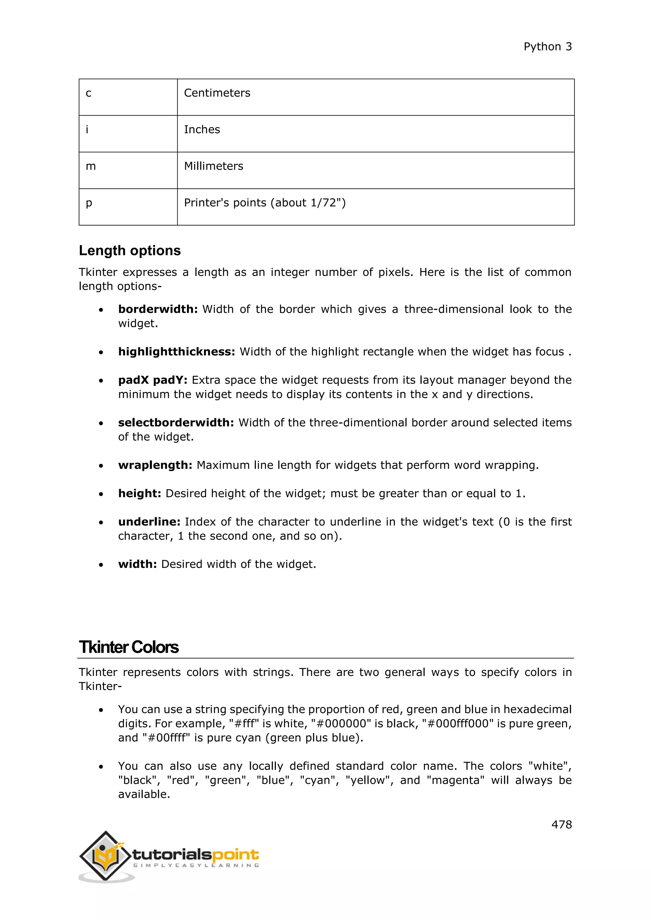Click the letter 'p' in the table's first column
pyautogui.click(x=89, y=203)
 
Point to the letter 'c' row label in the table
pyautogui.click(x=89, y=93)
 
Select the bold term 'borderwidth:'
pyautogui.click(x=158, y=309)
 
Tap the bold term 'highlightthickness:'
pyautogui.click(x=176, y=352)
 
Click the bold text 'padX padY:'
pyautogui.click(x=153, y=380)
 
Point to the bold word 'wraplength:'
pyautogui.click(x=155, y=465)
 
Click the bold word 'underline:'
pyautogui.click(x=149, y=522)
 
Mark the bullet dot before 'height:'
pyautogui.click(x=101, y=494)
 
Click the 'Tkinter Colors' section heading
pyautogui.click(x=129, y=647)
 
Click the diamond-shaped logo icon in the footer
pyautogui.click(x=106, y=856)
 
